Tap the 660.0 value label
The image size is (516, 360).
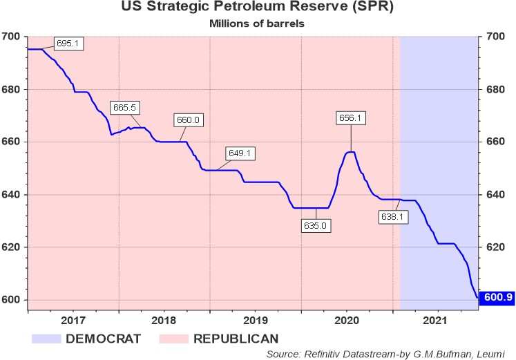click(188, 120)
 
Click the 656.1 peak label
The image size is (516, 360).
click(350, 118)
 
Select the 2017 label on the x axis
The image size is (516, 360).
click(73, 321)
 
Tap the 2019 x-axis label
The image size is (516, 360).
click(256, 321)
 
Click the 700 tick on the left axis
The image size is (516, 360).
click(13, 37)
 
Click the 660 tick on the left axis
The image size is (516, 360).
click(13, 142)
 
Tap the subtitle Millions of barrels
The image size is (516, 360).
click(258, 23)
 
